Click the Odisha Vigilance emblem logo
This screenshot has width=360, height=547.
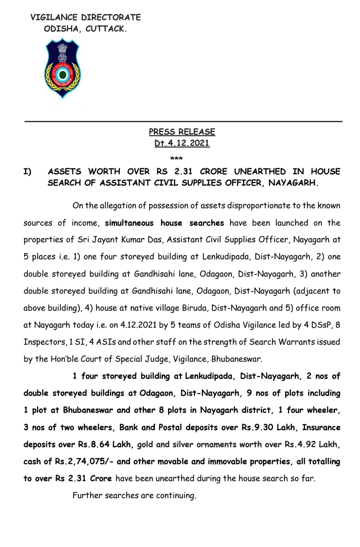point(63,68)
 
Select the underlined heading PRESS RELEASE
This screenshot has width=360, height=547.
point(182,132)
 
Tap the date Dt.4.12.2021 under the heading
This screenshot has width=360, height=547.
point(182,143)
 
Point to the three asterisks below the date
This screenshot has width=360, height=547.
point(176,158)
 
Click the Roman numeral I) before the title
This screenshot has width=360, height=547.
point(27,171)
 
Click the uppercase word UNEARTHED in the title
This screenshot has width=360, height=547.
point(260,171)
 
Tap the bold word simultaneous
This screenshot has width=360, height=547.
point(129,223)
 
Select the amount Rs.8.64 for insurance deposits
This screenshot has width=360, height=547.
point(94,444)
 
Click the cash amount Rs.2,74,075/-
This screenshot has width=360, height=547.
point(84,461)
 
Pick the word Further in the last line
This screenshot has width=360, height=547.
point(87,495)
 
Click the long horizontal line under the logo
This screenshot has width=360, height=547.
point(183,121)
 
